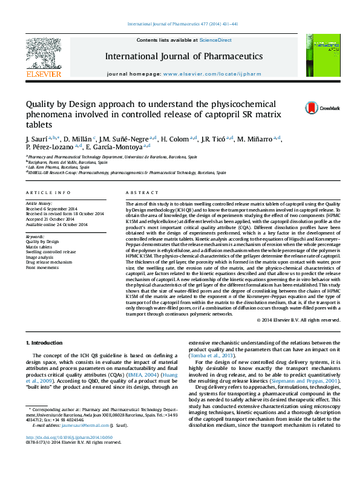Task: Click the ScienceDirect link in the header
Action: pyautogui.click(x=216, y=40)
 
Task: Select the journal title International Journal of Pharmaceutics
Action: pyautogui.click(x=184, y=56)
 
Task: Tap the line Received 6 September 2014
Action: pyautogui.click(x=53, y=209)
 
